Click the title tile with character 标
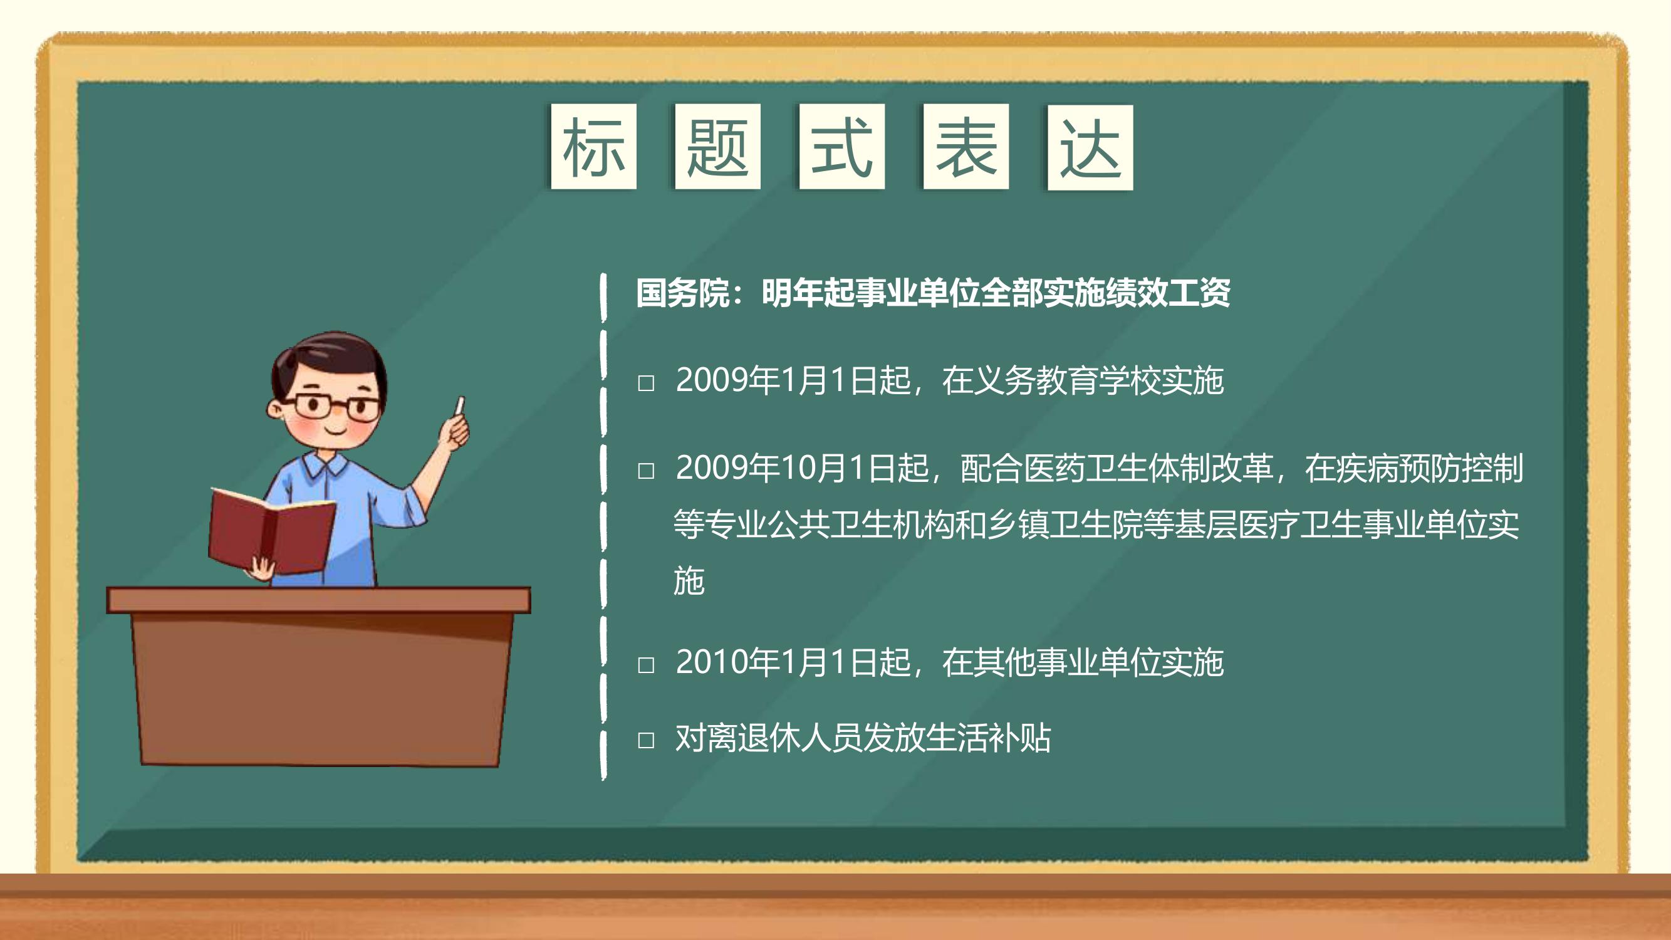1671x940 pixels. click(x=593, y=147)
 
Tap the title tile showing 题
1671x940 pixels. click(x=717, y=147)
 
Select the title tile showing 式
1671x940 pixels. click(x=842, y=147)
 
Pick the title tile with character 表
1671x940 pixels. click(x=966, y=147)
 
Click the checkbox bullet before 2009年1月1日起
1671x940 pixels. click(x=646, y=383)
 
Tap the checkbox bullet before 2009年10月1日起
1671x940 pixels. click(x=646, y=471)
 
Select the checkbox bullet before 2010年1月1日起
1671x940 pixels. click(x=646, y=665)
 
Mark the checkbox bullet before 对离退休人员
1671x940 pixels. click(x=646, y=740)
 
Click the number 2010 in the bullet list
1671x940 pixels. click(x=712, y=662)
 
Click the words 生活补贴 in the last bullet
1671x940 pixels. click(x=988, y=738)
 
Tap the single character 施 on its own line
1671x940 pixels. click(x=689, y=581)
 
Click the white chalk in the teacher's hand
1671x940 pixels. click(x=461, y=406)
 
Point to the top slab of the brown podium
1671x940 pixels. click(x=318, y=600)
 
